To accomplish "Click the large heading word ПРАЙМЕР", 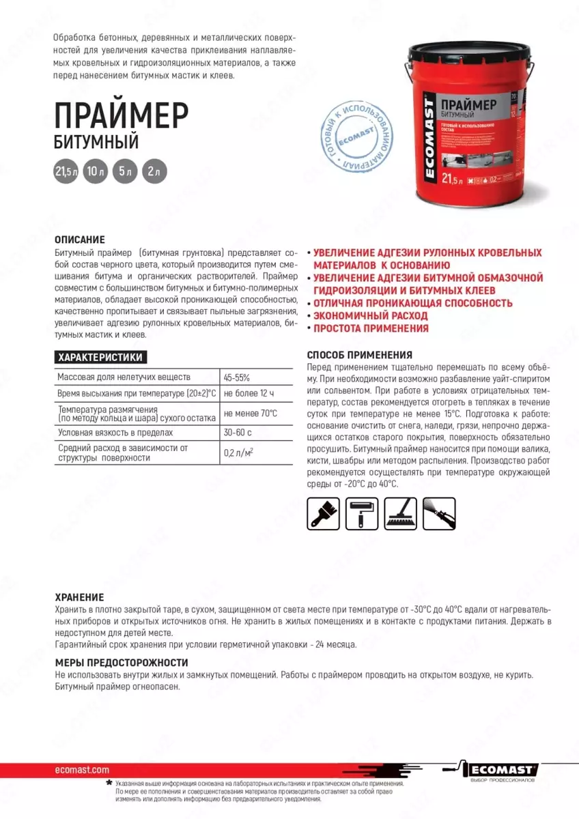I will click(121, 113).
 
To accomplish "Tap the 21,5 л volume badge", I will click(66, 172).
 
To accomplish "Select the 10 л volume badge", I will click(96, 172).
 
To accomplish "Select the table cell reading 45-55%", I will click(237, 377).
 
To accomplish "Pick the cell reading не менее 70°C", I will click(251, 413).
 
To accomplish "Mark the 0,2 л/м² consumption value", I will click(240, 452).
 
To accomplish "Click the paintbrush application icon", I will click(324, 513).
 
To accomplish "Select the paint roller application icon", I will click(362, 513).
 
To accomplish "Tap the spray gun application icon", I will click(438, 513).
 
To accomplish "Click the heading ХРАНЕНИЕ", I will click(79, 597).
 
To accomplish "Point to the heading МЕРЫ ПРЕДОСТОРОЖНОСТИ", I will click(121, 663).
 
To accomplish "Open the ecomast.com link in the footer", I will click(81, 769).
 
